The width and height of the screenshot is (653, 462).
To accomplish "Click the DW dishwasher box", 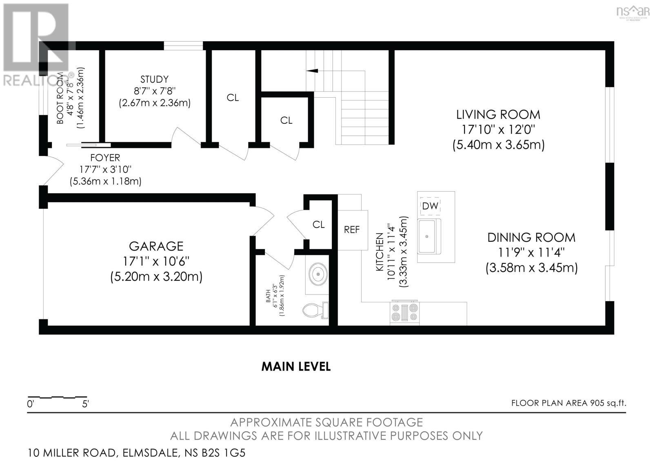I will click(x=430, y=206).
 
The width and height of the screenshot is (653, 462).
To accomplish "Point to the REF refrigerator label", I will click(x=352, y=230).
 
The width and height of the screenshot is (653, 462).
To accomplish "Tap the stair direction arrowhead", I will click(x=312, y=71).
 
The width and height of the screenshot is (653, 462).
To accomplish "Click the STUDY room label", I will click(x=154, y=79).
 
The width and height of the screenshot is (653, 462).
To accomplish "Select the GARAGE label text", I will click(x=156, y=246).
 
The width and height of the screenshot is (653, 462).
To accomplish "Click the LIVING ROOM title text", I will click(x=498, y=114).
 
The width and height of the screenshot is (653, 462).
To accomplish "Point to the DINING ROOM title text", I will click(x=531, y=237).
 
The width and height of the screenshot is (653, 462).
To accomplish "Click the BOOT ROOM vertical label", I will click(x=60, y=98).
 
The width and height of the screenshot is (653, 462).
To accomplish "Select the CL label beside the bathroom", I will click(x=318, y=225).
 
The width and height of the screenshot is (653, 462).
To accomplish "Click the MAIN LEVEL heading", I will click(x=296, y=366).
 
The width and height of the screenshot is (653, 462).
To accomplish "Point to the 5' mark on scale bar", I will click(x=86, y=404).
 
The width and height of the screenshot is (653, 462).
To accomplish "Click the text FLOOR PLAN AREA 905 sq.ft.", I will click(x=568, y=403).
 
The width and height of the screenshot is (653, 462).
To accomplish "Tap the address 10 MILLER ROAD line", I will click(x=137, y=453).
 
